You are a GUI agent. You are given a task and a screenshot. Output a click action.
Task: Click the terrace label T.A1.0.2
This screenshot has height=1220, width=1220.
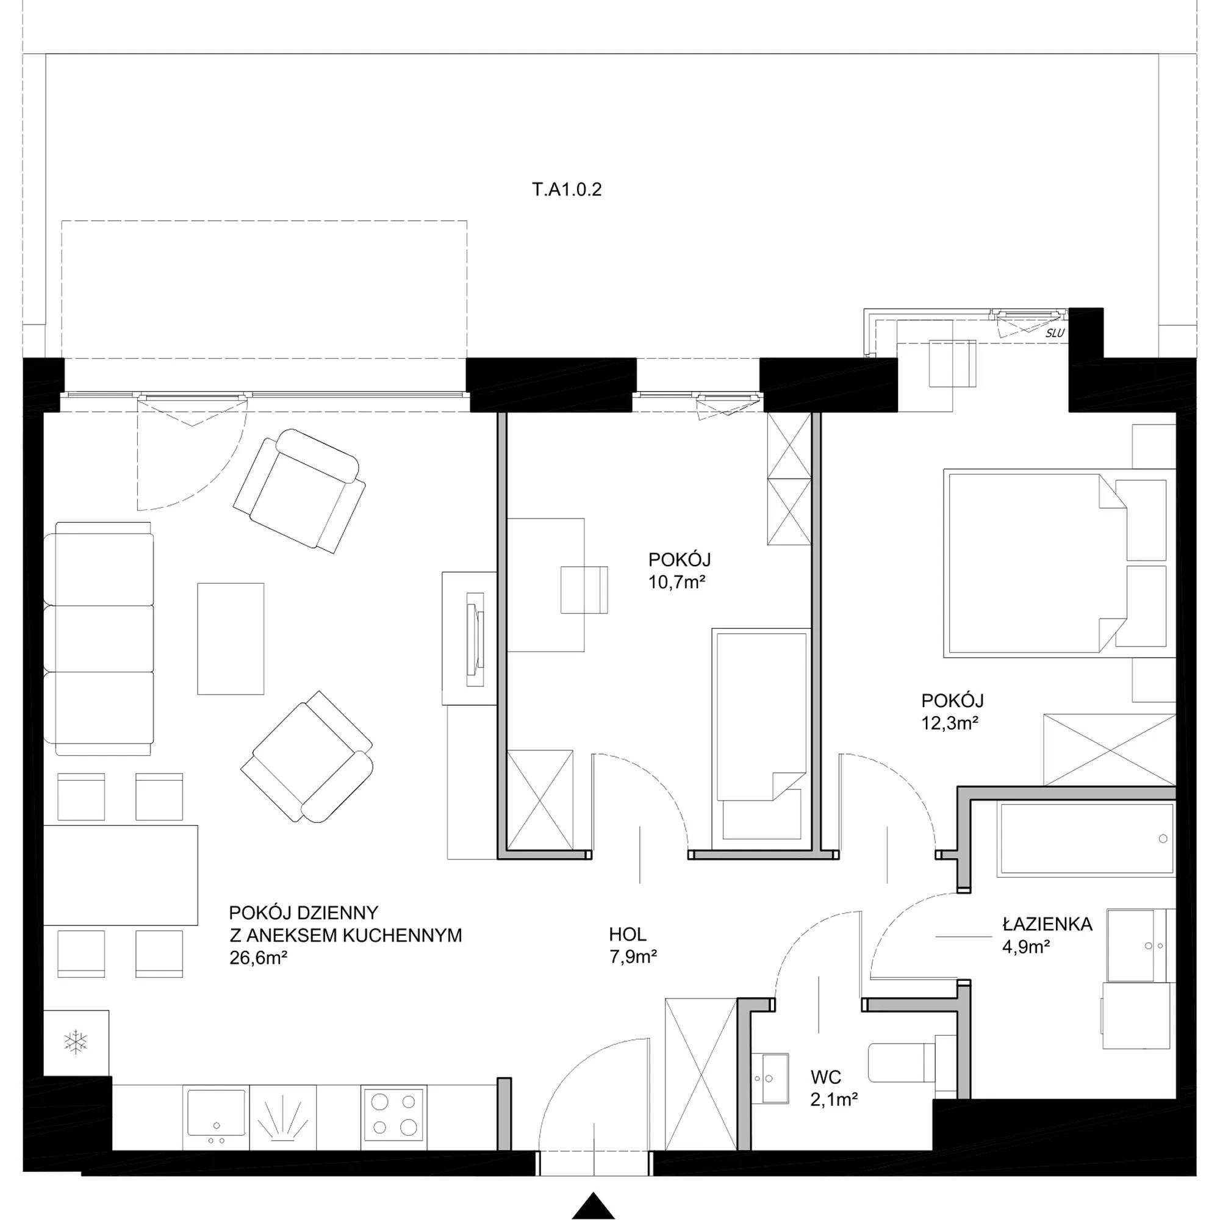point(567,190)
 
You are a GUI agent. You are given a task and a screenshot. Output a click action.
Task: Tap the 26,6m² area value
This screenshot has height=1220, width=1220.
point(259,958)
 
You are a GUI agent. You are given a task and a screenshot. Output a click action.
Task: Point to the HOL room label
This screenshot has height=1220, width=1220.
point(628,934)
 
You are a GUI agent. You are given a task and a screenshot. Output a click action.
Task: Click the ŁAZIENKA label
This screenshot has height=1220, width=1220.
point(1047,925)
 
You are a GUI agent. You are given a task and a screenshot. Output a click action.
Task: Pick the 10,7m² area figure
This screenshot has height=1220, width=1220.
point(677,582)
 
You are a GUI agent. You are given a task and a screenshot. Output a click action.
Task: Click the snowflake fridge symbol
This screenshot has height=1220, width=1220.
point(76,1042)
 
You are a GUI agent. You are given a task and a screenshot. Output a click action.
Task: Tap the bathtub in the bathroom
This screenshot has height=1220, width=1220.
point(1086,840)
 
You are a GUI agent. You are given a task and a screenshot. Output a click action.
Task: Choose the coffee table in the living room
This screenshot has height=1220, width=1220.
point(231,639)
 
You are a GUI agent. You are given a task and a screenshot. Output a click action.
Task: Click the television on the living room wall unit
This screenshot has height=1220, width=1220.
point(475,640)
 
